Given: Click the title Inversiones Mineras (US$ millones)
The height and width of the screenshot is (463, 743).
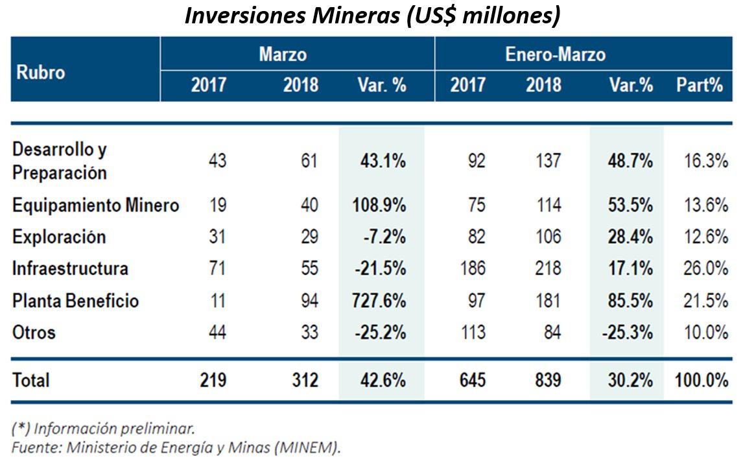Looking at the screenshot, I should (372, 16).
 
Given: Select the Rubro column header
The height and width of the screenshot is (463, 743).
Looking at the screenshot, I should (40, 72).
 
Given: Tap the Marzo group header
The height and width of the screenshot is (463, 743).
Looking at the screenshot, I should (283, 54).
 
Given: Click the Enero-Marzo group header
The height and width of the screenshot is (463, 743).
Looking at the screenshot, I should (555, 54).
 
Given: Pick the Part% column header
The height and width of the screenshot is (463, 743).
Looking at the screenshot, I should (700, 85).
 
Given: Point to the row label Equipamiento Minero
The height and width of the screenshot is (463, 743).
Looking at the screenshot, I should (95, 206).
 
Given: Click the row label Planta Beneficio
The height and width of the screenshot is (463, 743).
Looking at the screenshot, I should (75, 301).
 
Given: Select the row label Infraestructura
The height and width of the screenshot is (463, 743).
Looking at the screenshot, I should (70, 268).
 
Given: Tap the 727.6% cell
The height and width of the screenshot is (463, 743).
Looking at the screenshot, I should (381, 301).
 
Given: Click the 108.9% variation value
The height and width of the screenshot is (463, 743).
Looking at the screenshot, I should (381, 206).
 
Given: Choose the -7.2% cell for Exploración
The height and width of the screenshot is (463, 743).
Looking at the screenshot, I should (385, 237).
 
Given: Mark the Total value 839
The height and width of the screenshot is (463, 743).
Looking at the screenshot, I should (543, 380).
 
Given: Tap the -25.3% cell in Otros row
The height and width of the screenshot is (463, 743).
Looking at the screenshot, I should (627, 333).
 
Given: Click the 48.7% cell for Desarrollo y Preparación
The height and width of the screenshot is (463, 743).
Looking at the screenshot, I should (630, 161).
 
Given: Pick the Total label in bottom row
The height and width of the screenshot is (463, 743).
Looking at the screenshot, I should (30, 380).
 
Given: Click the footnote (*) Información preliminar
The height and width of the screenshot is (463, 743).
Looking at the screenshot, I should (102, 429).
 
